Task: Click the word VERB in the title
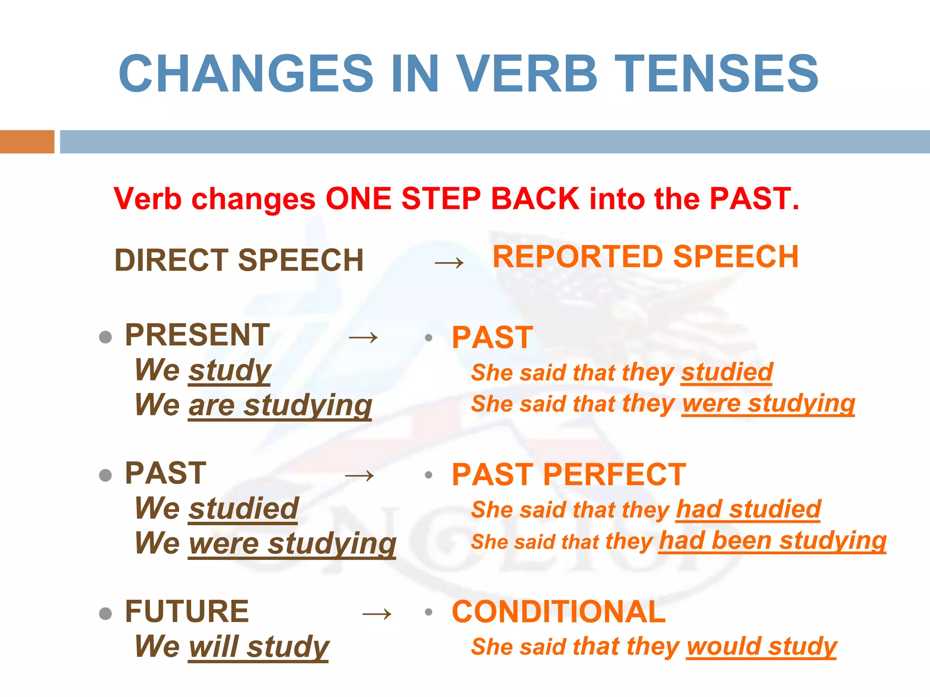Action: tap(527, 74)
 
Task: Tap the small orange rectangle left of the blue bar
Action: tap(27, 142)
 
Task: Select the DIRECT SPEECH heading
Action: tap(239, 260)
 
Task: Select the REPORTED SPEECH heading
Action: tap(645, 257)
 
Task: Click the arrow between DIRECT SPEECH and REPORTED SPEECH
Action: tap(449, 262)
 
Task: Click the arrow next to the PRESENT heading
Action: tap(363, 337)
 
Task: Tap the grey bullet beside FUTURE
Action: tap(105, 614)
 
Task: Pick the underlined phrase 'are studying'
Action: tap(280, 405)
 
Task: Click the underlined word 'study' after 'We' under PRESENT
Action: tap(230, 370)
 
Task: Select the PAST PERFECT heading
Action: tap(569, 475)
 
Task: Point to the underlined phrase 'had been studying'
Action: tap(772, 541)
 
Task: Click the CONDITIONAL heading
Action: tap(559, 612)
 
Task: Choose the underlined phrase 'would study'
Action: tap(762, 646)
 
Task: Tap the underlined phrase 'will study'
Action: tap(258, 647)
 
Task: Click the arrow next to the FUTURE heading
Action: tap(377, 614)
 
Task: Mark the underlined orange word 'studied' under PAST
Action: tap(727, 372)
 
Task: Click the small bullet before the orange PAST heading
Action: tap(428, 338)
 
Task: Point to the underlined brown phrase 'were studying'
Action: tap(292, 543)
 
